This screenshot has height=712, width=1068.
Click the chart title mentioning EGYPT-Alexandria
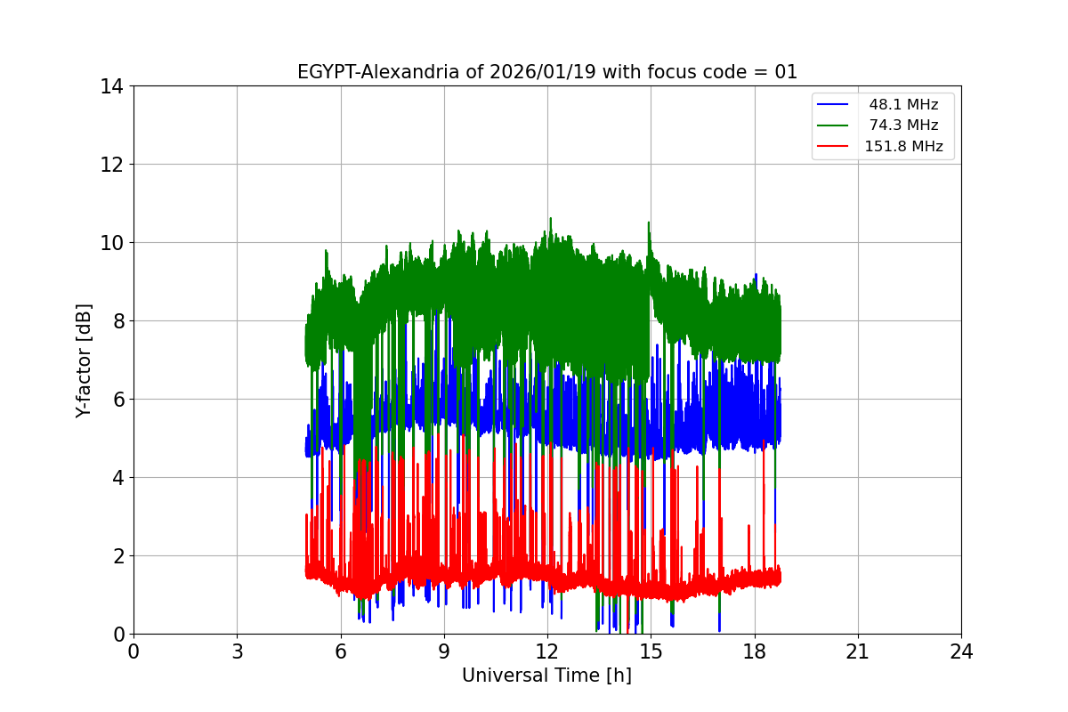pos(546,72)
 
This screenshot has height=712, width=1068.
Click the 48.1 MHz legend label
pos(903,105)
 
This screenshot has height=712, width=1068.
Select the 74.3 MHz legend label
pos(903,125)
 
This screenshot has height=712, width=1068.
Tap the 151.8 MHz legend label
pos(903,147)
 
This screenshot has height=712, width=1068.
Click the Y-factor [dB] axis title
pos(84,360)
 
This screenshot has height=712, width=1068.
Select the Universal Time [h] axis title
pos(546,676)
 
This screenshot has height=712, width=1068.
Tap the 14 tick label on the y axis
pos(112,86)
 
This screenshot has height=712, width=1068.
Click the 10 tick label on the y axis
pos(112,243)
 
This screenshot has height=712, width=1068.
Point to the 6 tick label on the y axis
pos(117,400)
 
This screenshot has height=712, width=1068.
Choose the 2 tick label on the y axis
pos(117,556)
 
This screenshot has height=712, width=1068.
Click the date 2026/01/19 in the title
pos(543,72)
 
